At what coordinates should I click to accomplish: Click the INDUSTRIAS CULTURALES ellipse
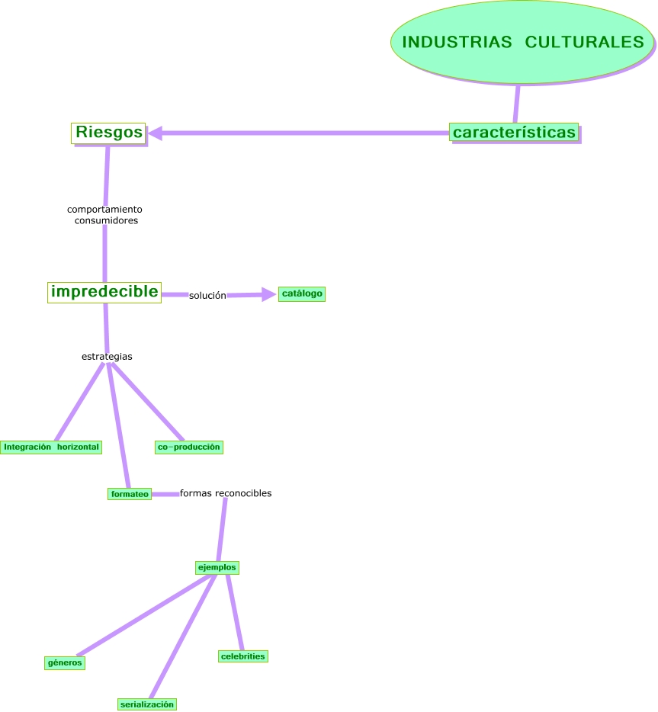click(x=522, y=42)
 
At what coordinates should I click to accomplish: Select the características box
click(x=514, y=132)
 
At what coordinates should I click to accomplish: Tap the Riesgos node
click(x=108, y=133)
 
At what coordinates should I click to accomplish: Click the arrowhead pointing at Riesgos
click(x=156, y=133)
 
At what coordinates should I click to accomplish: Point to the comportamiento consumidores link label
click(x=105, y=214)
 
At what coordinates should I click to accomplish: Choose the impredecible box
click(x=104, y=291)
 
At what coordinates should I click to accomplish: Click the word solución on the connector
click(x=207, y=295)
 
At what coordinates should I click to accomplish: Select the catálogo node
click(x=302, y=293)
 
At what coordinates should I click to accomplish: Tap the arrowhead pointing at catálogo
click(x=268, y=294)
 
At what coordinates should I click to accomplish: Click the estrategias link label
click(x=107, y=356)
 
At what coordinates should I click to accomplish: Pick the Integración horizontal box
click(x=51, y=447)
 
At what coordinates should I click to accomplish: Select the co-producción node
click(x=188, y=447)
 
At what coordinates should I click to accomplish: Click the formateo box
click(x=130, y=494)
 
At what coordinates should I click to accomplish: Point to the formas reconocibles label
click(x=226, y=493)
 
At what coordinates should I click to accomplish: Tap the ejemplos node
click(x=217, y=567)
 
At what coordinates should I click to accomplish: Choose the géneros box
click(x=65, y=662)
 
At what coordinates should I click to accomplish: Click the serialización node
click(x=147, y=704)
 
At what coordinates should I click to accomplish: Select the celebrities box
click(x=242, y=656)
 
